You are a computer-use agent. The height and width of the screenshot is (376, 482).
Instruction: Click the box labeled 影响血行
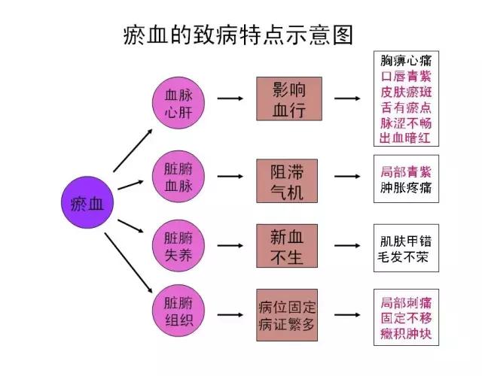[x=288, y=99]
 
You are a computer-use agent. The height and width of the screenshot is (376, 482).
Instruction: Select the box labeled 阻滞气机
[x=288, y=180]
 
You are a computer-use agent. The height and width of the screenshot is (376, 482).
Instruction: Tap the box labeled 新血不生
[x=288, y=246]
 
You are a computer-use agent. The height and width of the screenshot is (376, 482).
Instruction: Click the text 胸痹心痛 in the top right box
[x=406, y=60]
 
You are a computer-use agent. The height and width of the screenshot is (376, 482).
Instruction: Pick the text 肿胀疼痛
[x=406, y=187]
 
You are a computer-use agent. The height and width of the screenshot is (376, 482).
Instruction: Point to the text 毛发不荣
[x=406, y=256]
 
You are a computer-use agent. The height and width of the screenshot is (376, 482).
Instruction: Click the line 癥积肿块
[x=406, y=333]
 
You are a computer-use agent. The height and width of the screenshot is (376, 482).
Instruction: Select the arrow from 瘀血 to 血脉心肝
[x=133, y=150]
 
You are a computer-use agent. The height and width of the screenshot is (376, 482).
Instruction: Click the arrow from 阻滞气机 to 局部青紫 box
[x=346, y=177]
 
